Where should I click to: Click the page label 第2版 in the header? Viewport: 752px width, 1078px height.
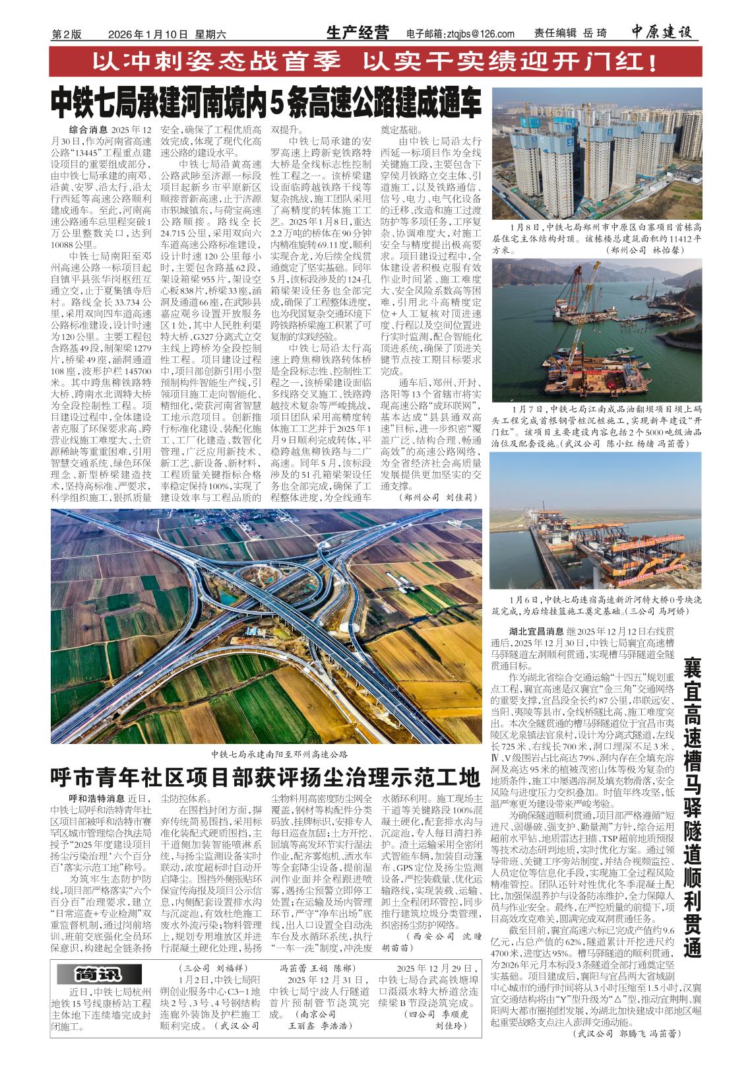[66, 35]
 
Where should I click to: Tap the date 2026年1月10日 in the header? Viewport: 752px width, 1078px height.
[148, 35]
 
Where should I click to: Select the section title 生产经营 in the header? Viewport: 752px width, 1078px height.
[358, 34]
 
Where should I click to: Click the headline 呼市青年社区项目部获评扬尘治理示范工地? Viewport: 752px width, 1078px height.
[266, 777]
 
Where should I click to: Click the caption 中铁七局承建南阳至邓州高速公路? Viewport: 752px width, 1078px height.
[279, 753]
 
